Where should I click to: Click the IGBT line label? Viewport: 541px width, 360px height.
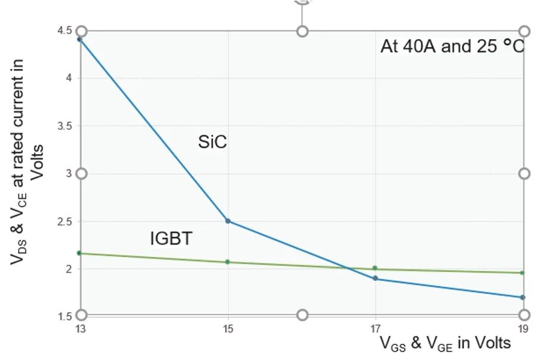tap(171, 239)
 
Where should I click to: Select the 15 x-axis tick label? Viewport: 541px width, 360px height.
tap(228, 327)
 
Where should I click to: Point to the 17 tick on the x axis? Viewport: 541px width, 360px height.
tap(375, 327)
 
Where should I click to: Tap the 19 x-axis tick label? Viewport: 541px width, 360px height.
tap(523, 327)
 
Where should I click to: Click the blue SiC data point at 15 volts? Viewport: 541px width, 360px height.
tap(228, 221)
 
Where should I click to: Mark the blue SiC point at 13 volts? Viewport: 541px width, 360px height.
tap(80, 39)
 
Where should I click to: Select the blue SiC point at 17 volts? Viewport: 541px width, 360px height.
tap(375, 278)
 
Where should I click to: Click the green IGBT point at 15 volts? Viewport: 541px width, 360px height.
tap(228, 262)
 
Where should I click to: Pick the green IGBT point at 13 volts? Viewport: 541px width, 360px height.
tap(80, 253)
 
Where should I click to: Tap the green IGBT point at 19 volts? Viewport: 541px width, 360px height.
tap(522, 273)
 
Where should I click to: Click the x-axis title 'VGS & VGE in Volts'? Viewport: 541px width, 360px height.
tap(445, 343)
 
